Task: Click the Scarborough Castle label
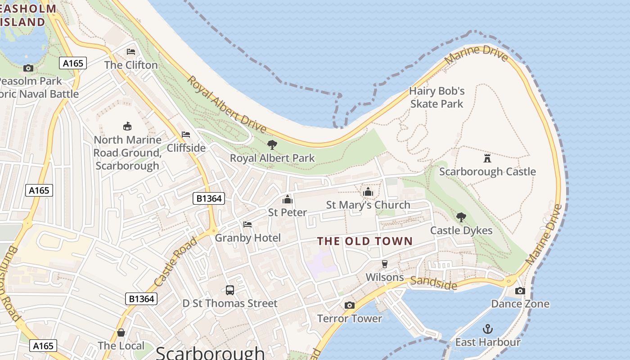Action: (x=487, y=171)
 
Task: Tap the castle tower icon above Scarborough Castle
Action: (x=487, y=158)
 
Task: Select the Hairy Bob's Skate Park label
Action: (x=436, y=97)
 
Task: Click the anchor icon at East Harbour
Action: (x=487, y=329)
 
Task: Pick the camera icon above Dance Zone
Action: (x=520, y=291)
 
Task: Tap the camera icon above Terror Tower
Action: (x=349, y=305)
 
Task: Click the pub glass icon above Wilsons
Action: (x=384, y=264)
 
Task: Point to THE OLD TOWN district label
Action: (x=365, y=241)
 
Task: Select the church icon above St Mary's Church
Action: (x=368, y=192)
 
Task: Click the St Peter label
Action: (x=288, y=212)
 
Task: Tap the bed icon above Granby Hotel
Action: (x=247, y=224)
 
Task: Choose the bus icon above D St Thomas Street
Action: (x=230, y=290)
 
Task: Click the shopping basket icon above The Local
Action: (x=121, y=333)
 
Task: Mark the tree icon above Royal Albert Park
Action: (x=272, y=144)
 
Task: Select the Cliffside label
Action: (x=186, y=148)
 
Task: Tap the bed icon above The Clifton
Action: (x=131, y=52)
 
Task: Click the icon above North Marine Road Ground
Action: (x=127, y=126)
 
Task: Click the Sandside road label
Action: (x=434, y=283)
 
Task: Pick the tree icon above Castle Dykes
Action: (x=461, y=217)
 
